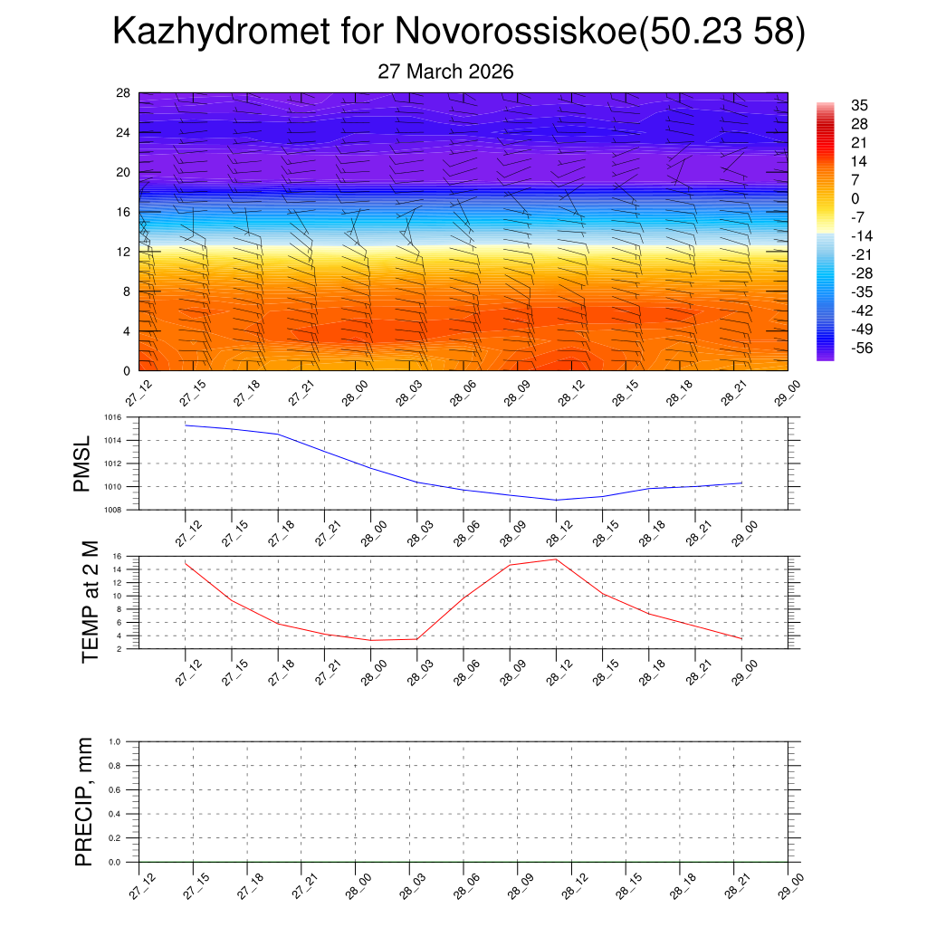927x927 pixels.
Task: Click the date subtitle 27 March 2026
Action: (x=445, y=72)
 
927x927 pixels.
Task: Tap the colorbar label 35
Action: (x=859, y=105)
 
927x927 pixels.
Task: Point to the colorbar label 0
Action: (x=855, y=198)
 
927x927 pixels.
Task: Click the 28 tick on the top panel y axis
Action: (x=124, y=92)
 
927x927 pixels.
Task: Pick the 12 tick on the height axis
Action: (x=124, y=252)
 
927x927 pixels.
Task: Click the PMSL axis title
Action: (x=82, y=464)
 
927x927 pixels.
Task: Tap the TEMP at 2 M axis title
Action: (x=89, y=602)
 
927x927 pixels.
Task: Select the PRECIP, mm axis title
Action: (x=84, y=801)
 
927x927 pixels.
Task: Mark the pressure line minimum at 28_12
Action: (x=556, y=500)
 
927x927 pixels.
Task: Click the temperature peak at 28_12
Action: (x=556, y=559)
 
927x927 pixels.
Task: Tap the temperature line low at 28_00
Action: (x=370, y=640)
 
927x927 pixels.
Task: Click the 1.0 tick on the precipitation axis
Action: (x=115, y=741)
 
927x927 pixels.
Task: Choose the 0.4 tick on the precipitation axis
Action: (x=115, y=814)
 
